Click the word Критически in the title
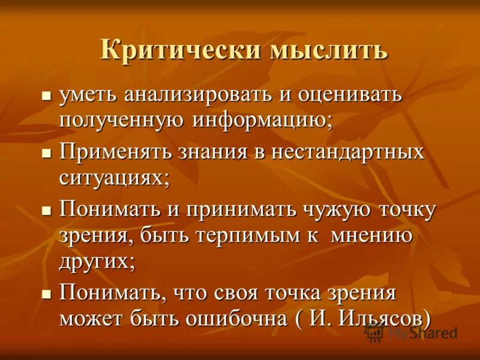pos(181,49)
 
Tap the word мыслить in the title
pos(328,49)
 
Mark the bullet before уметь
pos(45,96)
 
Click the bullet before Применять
pos(45,154)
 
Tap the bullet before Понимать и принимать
pos(45,211)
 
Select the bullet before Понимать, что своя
pos(45,294)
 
